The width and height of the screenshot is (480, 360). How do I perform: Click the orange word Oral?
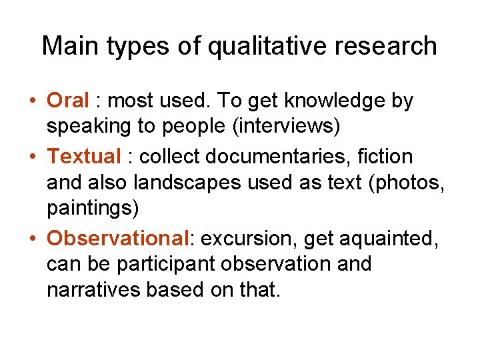(x=67, y=101)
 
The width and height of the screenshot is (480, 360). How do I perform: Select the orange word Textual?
(x=84, y=157)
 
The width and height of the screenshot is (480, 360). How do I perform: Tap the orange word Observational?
(x=118, y=239)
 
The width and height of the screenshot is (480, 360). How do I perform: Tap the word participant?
(x=169, y=265)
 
